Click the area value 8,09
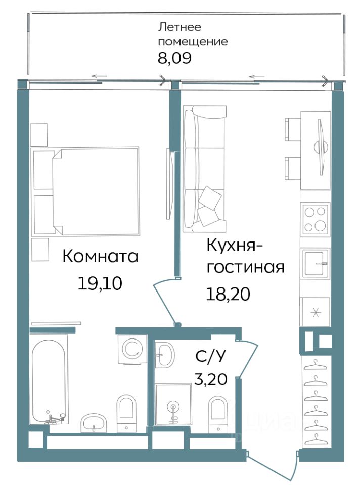pyautogui.click(x=174, y=58)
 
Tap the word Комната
pyautogui.click(x=100, y=256)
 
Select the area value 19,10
pyautogui.click(x=100, y=283)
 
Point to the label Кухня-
pyautogui.click(x=235, y=246)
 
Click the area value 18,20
pyautogui.click(x=228, y=294)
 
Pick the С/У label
pyautogui.click(x=211, y=356)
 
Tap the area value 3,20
pyautogui.click(x=211, y=378)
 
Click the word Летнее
pyautogui.click(x=179, y=27)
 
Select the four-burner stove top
pyautogui.click(x=316, y=219)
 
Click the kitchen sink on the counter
pyautogui.click(x=316, y=263)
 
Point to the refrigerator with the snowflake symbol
pyautogui.click(x=315, y=312)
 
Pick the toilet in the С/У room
pyautogui.click(x=218, y=414)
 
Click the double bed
pyautogui.click(x=86, y=191)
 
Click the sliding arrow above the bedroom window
pyautogui.click(x=99, y=76)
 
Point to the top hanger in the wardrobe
pyautogui.click(x=316, y=365)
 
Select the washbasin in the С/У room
pyautogui.click(x=165, y=355)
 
